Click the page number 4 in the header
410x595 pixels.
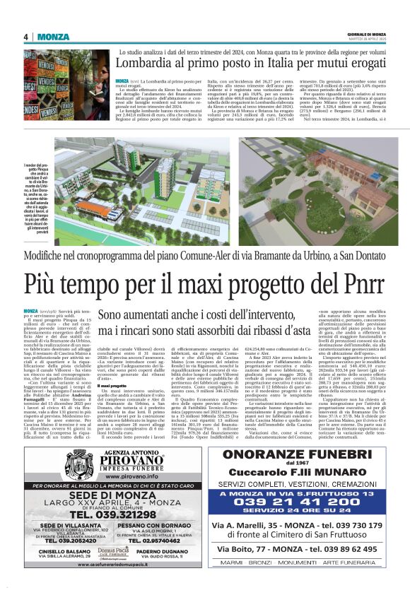pyautogui.click(x=25, y=37)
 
